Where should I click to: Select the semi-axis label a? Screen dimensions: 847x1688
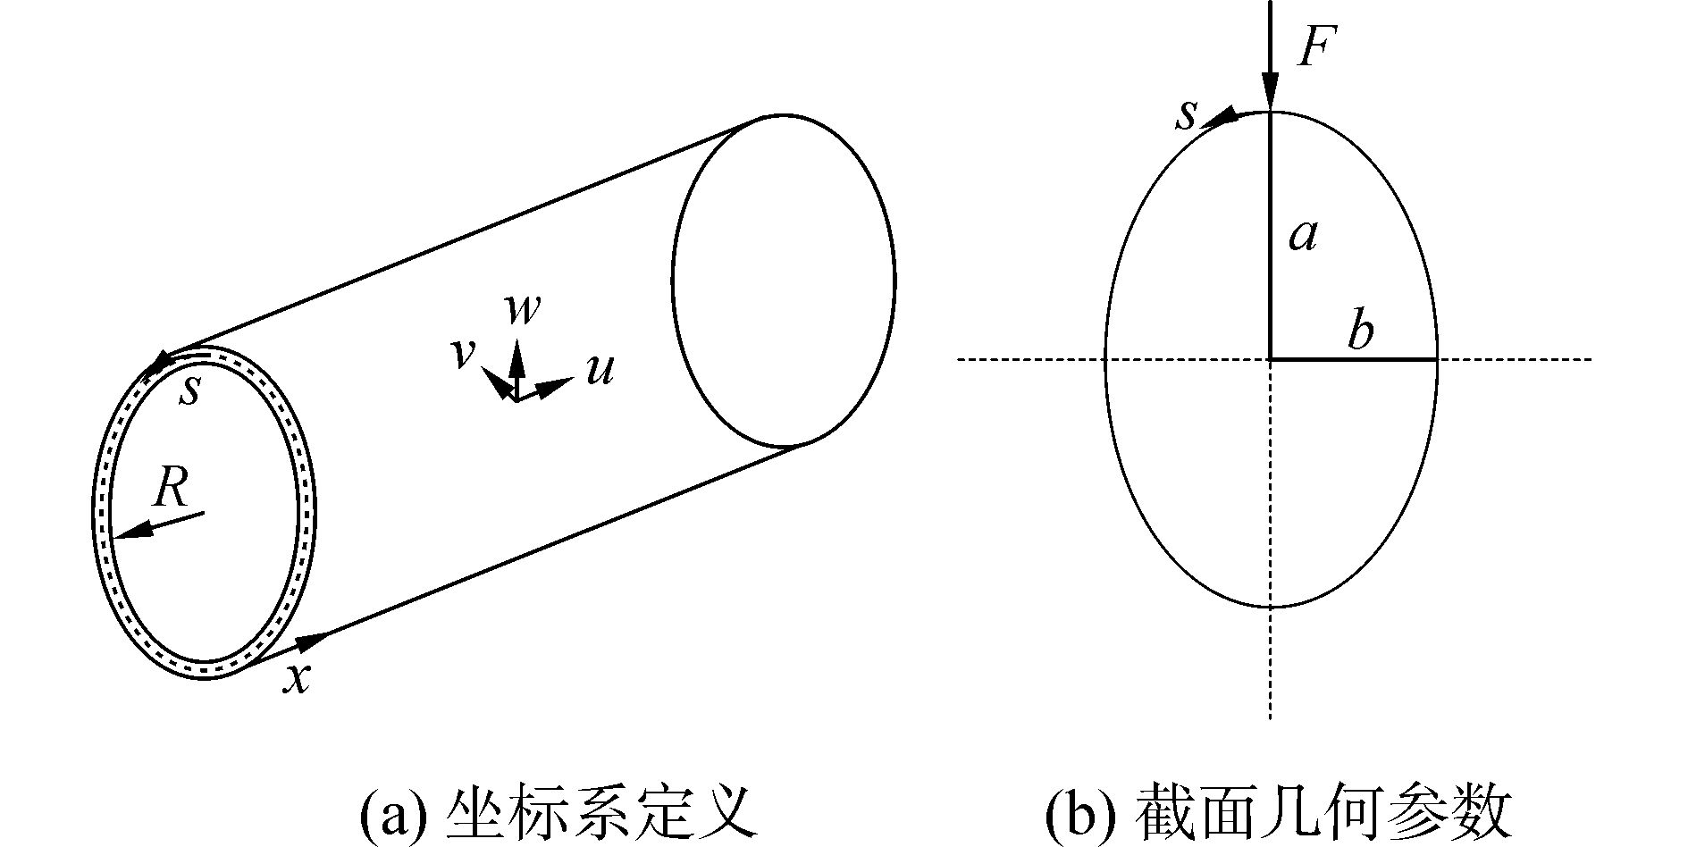tap(1304, 236)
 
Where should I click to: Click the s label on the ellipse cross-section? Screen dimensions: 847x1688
tap(1186, 115)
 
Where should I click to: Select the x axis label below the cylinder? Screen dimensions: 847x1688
tap(297, 679)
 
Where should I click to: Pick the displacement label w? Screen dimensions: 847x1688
tap(522, 309)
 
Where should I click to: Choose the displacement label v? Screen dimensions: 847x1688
tap(461, 354)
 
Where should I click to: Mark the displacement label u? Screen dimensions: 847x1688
tap(600, 370)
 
